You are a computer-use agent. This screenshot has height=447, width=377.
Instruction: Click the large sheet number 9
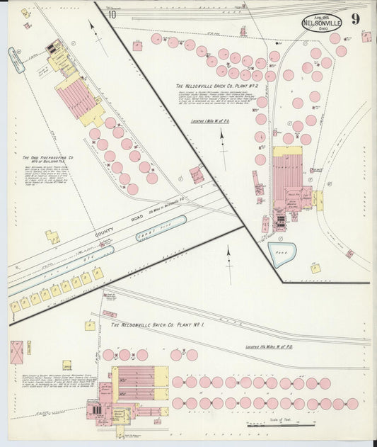pos(354,19)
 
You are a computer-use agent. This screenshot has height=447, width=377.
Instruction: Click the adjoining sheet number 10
pos(112,14)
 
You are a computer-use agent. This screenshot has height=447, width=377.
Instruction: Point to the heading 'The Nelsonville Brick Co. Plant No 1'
pos(157,325)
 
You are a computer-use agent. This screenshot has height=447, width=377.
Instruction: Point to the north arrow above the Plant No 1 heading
pos(228,255)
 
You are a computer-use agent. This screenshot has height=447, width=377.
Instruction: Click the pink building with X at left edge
pos(16,352)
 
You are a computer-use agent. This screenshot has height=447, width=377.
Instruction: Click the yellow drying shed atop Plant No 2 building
pos(287,151)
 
